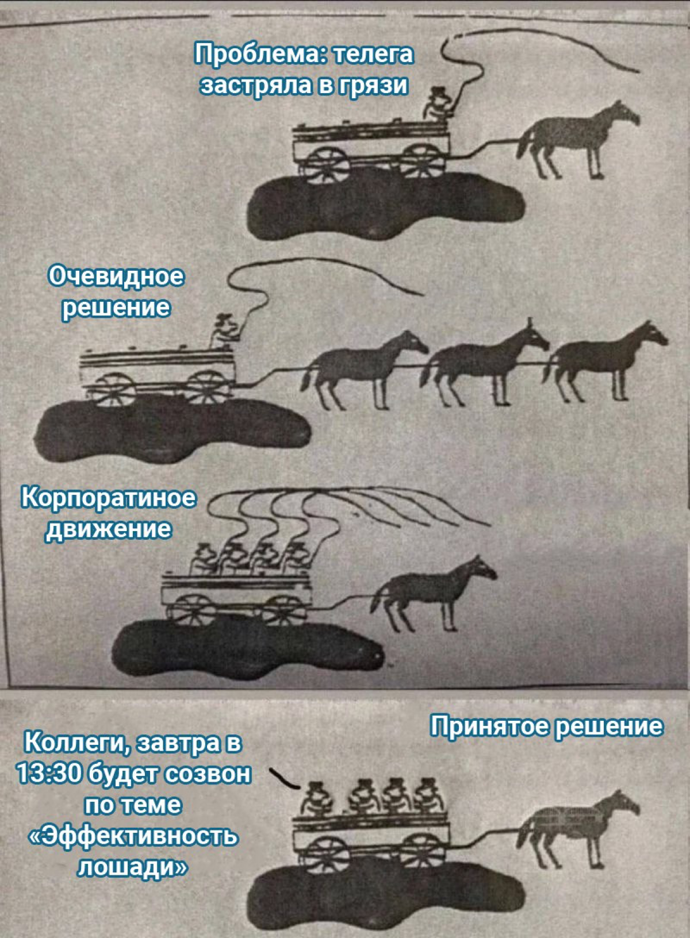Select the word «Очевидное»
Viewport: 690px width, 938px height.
coord(116,276)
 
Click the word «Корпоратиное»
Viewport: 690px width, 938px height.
coord(108,498)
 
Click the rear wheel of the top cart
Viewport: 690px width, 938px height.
coord(327,162)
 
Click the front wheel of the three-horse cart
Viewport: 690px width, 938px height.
coord(208,387)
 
